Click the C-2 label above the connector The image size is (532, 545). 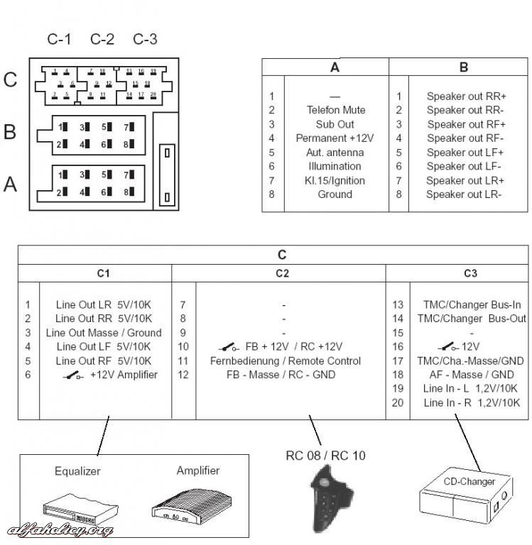[x=102, y=39]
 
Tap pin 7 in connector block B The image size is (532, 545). [x=129, y=127]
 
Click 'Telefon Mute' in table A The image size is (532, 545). [x=336, y=110]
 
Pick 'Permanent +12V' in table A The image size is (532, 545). [x=335, y=138]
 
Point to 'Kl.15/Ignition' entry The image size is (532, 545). [x=335, y=180]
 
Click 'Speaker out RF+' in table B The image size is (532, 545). [x=465, y=124]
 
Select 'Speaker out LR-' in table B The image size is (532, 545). [x=465, y=194]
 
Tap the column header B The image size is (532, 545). [x=464, y=68]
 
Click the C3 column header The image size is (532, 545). [x=470, y=272]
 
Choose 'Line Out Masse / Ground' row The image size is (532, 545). [x=104, y=333]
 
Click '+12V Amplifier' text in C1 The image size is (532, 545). [x=124, y=375]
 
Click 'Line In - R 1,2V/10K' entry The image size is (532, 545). [x=472, y=403]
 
